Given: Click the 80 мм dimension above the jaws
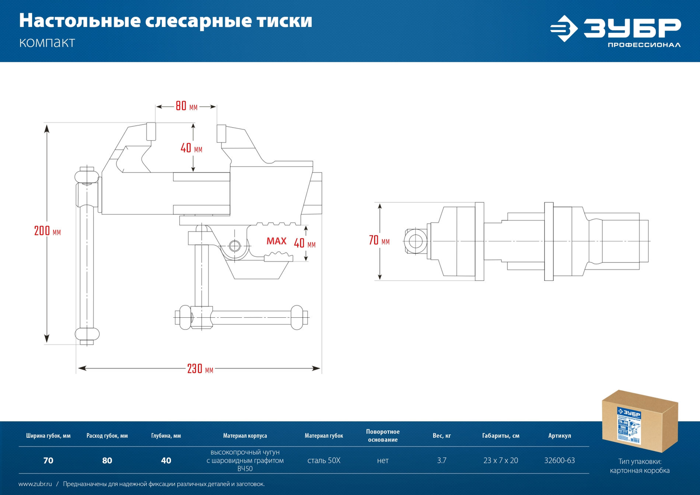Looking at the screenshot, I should [186, 106].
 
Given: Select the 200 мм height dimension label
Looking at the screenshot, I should [47, 231].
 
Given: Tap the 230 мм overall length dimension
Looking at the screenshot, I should [200, 369].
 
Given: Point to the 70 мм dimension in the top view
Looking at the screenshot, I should [379, 241].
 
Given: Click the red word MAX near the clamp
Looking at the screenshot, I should [276, 241].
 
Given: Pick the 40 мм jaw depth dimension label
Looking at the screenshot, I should [191, 148].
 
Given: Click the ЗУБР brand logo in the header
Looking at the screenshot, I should [615, 31].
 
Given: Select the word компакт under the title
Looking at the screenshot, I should [47, 43].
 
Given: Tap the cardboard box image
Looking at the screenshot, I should [640, 421].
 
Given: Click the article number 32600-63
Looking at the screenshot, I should [559, 460].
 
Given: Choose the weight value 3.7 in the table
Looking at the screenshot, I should [441, 460].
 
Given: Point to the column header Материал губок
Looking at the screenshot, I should [323, 436].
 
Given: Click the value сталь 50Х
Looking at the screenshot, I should [323, 460].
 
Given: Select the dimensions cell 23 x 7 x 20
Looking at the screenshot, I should [500, 460].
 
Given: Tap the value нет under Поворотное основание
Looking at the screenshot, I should [382, 460].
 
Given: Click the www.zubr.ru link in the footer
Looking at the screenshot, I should [35, 484].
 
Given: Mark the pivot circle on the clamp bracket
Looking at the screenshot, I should [234, 245].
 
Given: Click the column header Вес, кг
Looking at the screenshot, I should [441, 436].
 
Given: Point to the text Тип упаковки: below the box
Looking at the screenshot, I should [640, 461].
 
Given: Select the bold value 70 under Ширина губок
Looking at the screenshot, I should [48, 460].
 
